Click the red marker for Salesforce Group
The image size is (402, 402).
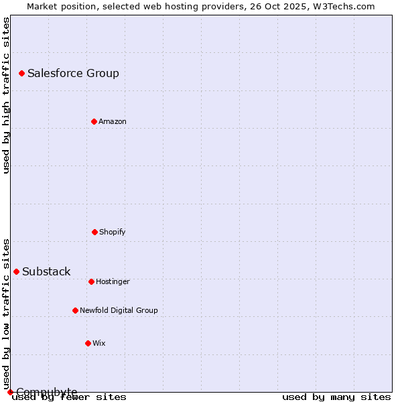(x=21, y=73)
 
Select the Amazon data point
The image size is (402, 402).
(x=94, y=121)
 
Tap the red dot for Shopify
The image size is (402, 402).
(x=94, y=232)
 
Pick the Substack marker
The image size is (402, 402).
(x=16, y=271)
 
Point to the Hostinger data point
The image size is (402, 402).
(x=91, y=281)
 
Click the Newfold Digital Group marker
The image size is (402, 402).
(x=75, y=310)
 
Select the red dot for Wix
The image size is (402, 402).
(x=88, y=343)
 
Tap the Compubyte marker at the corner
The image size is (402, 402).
(x=10, y=392)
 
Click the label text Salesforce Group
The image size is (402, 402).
(x=73, y=73)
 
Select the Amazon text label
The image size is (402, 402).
(x=113, y=121)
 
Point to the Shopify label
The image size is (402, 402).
(x=113, y=232)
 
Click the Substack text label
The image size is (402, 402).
(x=46, y=271)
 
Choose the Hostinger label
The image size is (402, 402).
(x=113, y=281)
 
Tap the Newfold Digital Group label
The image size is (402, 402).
(x=119, y=310)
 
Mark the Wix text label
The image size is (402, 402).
(x=99, y=343)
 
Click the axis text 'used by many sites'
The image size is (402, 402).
(x=336, y=397)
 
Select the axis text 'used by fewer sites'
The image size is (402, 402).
(x=70, y=397)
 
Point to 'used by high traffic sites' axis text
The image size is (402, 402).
(x=6, y=95)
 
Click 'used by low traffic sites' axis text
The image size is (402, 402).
(x=6, y=314)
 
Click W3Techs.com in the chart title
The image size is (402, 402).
(x=341, y=6)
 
